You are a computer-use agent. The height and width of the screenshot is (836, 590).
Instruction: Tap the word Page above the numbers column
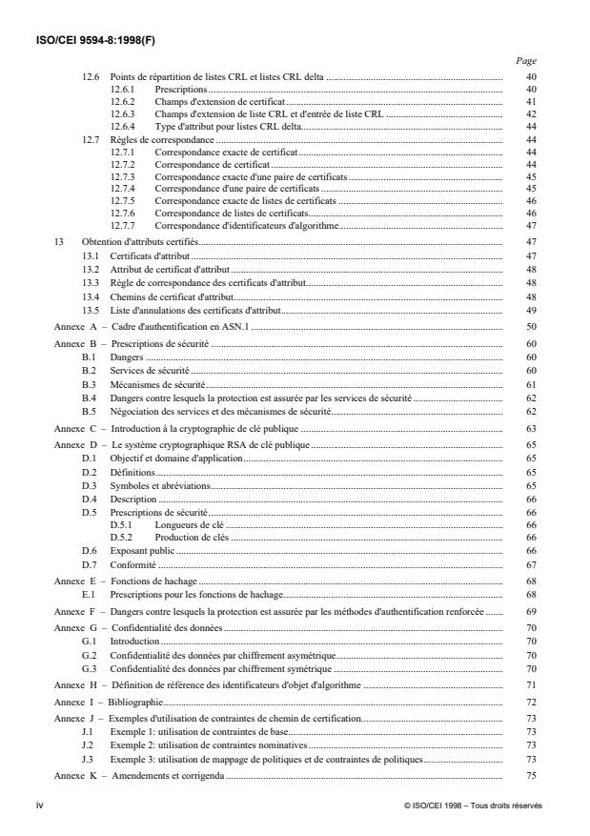click(525, 59)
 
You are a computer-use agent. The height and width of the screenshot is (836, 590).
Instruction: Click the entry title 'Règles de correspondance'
click(153, 139)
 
